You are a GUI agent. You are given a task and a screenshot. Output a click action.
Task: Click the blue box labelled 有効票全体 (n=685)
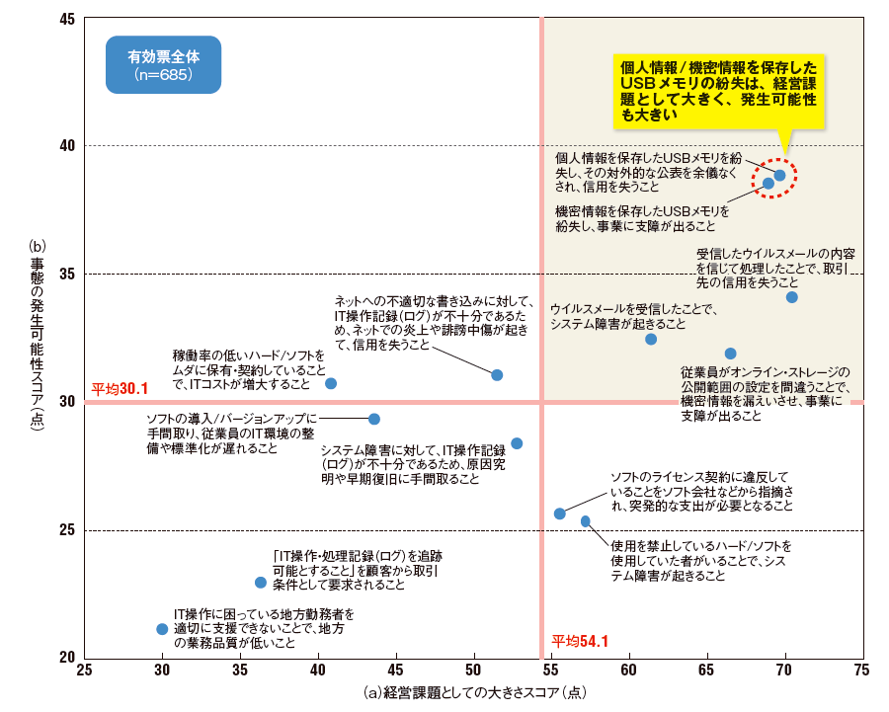[x=163, y=65]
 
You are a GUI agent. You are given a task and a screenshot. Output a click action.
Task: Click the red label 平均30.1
[x=120, y=388]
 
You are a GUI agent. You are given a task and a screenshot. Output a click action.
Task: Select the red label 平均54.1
[x=579, y=641]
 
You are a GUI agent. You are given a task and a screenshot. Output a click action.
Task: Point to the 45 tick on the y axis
[x=67, y=19]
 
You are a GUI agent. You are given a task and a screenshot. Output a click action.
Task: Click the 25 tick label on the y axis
[x=67, y=530]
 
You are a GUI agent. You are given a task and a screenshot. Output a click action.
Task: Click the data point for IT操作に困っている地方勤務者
[x=162, y=629]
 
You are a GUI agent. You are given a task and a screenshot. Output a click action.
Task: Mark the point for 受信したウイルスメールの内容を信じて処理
[x=791, y=297]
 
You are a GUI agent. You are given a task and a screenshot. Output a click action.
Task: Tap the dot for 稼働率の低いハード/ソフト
[x=331, y=383]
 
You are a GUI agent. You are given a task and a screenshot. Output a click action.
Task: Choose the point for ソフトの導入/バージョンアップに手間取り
[x=374, y=420]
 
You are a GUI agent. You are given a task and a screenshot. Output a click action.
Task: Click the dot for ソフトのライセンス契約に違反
[x=560, y=514]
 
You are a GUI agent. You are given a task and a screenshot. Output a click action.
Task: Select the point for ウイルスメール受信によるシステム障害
[x=651, y=339]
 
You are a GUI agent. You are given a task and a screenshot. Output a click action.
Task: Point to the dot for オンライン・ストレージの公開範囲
[x=730, y=354]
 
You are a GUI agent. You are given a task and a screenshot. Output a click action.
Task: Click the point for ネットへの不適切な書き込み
[x=497, y=375]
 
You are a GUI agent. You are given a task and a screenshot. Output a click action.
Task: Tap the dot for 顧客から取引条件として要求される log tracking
[x=261, y=583]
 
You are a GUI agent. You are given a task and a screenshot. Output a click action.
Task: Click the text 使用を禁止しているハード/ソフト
[x=701, y=544]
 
